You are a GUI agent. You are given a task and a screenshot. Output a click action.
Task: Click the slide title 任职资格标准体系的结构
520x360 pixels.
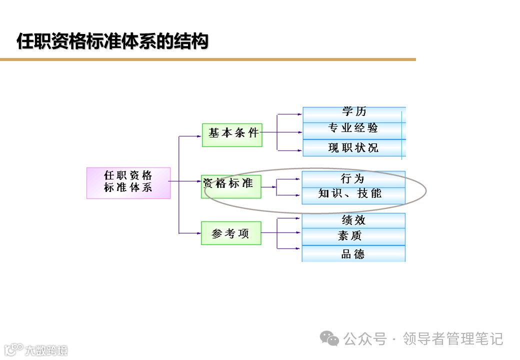click(112, 41)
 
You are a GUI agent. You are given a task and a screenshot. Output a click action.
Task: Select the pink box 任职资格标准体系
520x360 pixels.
click(128, 182)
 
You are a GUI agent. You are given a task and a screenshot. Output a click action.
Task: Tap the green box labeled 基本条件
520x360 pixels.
click(232, 134)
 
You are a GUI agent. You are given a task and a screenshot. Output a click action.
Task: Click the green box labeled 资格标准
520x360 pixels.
click(231, 186)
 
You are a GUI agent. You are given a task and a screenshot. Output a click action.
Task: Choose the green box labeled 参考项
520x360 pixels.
click(231, 233)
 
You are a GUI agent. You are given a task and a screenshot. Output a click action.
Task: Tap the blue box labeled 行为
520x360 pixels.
click(353, 179)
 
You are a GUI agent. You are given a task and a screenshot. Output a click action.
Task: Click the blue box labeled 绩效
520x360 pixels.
click(353, 220)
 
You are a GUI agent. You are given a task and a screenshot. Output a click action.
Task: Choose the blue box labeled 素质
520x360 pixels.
click(353, 236)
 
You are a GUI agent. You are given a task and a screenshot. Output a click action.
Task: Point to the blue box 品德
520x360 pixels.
click(353, 254)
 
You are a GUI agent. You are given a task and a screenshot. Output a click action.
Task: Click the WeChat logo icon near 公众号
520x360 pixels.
click(329, 339)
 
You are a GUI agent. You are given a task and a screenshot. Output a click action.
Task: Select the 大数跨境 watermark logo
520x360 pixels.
click(35, 349)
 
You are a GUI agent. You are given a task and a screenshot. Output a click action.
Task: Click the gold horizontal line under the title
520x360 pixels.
click(207, 59)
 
